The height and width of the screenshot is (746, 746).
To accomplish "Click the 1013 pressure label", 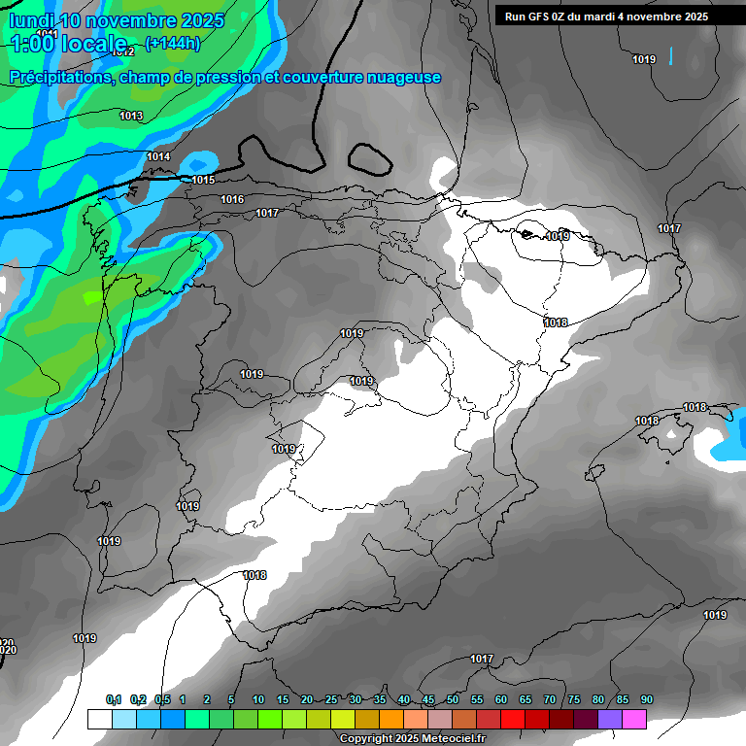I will [x=131, y=117].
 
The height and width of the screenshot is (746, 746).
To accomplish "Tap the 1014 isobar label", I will [x=158, y=157].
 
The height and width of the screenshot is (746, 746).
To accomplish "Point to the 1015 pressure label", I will [x=203, y=180].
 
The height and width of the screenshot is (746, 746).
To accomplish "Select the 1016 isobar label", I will [x=232, y=199].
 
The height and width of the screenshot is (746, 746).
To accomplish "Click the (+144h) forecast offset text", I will [x=173, y=43].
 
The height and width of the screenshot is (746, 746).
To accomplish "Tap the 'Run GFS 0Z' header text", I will [x=540, y=17].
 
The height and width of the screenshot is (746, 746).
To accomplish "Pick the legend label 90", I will [x=646, y=699].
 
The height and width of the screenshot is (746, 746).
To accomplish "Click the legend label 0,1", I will [x=114, y=699].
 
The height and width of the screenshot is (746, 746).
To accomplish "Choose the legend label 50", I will [x=453, y=699].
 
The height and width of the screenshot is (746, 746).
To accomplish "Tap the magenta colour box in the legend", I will [x=634, y=719].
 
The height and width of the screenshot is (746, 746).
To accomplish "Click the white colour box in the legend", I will [x=99, y=719].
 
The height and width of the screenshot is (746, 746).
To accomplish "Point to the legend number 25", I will [x=331, y=699].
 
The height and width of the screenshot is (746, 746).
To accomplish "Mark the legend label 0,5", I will [x=162, y=699].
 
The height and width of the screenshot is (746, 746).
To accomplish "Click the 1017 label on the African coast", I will [x=482, y=659].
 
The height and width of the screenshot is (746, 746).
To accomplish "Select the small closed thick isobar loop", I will [x=368, y=154].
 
